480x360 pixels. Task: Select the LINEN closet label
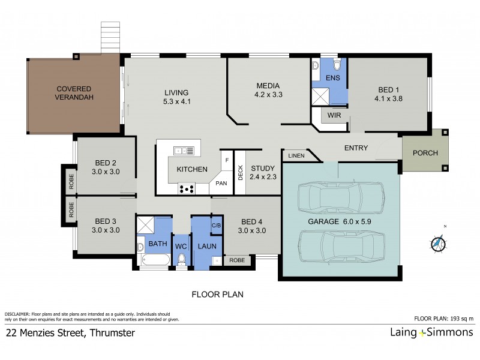pos(296,156)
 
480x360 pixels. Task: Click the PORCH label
pos(425,152)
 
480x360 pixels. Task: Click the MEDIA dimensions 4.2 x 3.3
pos(268,94)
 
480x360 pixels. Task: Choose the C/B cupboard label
pos(217,225)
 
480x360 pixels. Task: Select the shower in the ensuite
pos(321,95)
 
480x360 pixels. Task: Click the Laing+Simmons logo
pos(427,332)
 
